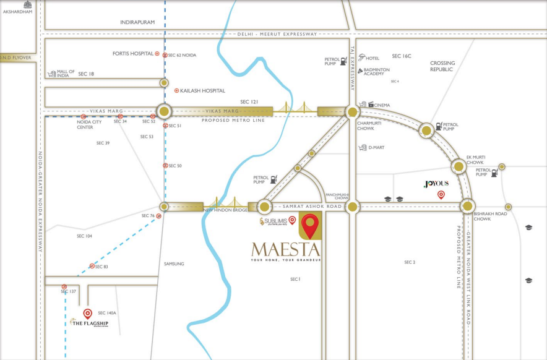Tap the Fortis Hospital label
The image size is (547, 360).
pyautogui.click(x=132, y=54)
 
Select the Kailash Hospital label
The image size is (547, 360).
pyautogui.click(x=202, y=90)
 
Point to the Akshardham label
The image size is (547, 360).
pyautogui.click(x=17, y=12)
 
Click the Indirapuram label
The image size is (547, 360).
pyautogui.click(x=137, y=22)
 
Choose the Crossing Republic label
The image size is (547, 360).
pyautogui.click(x=442, y=66)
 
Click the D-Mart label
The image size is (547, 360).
pyautogui.click(x=377, y=148)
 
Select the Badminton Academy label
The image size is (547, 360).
pyautogui.click(x=377, y=71)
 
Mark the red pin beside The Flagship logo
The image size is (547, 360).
pyautogui.click(x=87, y=314)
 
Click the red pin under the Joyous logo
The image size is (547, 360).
pyautogui.click(x=441, y=195)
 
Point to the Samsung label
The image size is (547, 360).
pyautogui.click(x=174, y=264)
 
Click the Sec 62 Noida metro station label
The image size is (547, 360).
pyautogui.click(x=182, y=55)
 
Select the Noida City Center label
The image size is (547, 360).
pyautogui.click(x=85, y=124)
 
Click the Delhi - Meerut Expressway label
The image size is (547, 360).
pyautogui.click(x=277, y=34)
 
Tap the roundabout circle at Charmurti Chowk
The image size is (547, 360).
pyautogui.click(x=353, y=112)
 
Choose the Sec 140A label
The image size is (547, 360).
pyautogui.click(x=107, y=313)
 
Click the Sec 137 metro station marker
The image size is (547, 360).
pyautogui.click(x=64, y=286)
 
